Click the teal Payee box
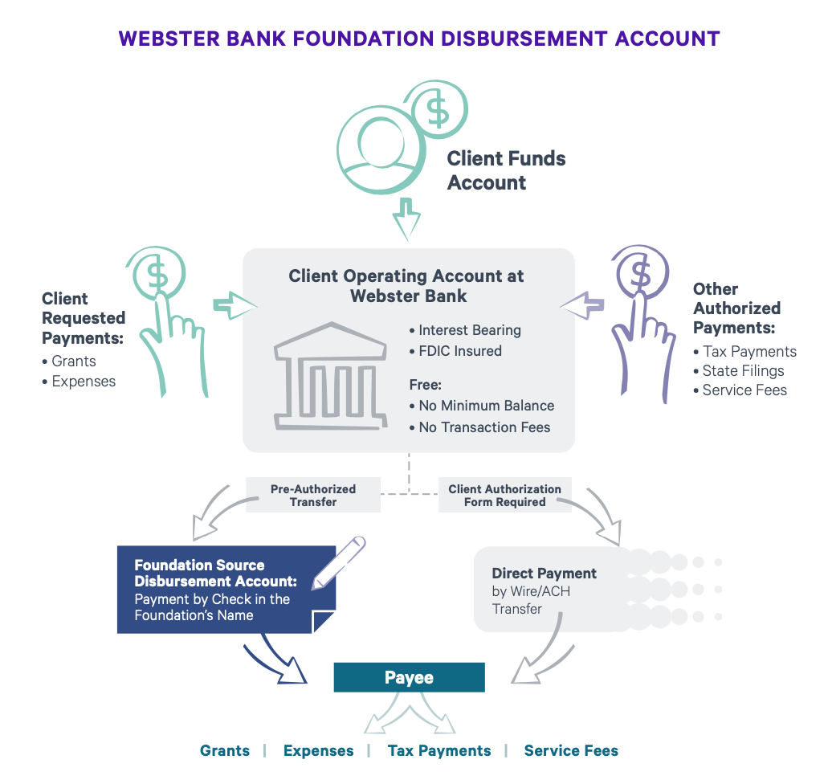(x=409, y=677)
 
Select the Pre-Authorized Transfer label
(x=313, y=495)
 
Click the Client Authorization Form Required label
(x=504, y=495)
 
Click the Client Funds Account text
(x=506, y=170)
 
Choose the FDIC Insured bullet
(x=460, y=350)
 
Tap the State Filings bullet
(x=743, y=370)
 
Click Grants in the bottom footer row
(x=225, y=750)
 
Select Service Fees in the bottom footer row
(x=571, y=750)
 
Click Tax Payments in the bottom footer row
(x=438, y=750)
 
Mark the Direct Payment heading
(x=544, y=574)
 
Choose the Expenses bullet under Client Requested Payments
(x=84, y=381)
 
